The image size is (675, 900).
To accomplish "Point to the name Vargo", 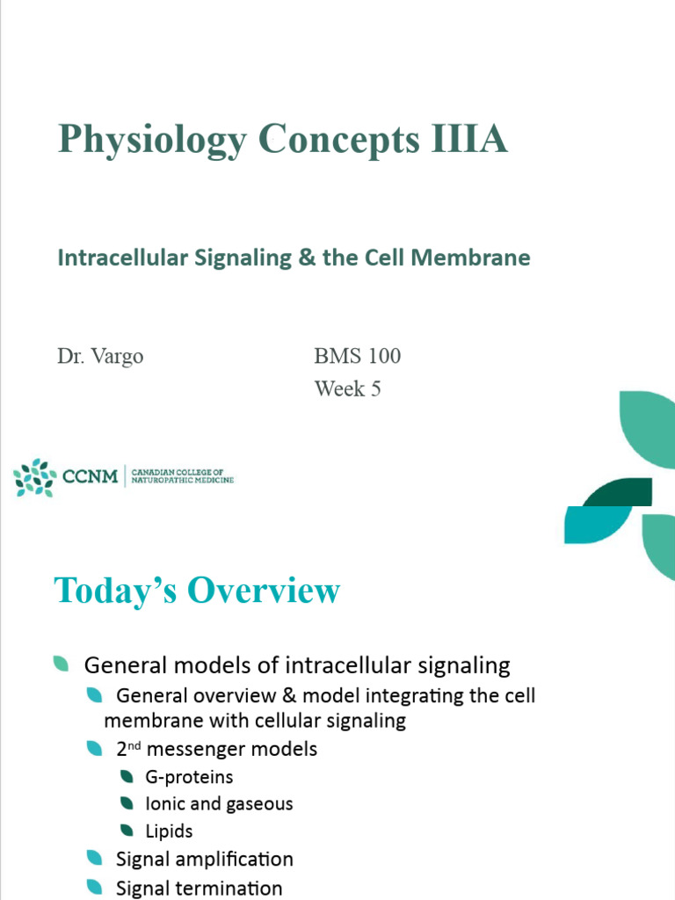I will click(118, 356).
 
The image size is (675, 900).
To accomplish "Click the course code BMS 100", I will click(357, 356).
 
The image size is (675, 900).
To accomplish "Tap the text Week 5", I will click(347, 388).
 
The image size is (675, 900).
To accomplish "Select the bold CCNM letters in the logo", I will click(91, 478).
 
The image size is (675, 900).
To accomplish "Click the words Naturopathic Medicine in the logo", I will click(183, 483).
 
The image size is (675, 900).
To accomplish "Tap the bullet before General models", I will click(61, 664).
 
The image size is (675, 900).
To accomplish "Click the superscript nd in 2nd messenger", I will click(140, 745).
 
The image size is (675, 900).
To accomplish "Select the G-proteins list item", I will click(189, 777).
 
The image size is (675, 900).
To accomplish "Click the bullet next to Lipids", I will click(127, 831).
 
